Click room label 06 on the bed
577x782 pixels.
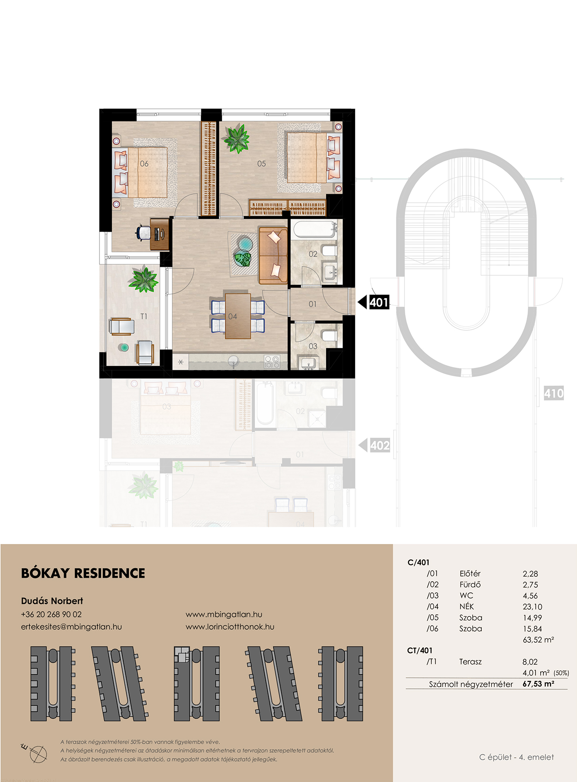click(x=144, y=163)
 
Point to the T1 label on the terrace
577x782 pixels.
click(x=144, y=317)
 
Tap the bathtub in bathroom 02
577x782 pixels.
click(x=314, y=230)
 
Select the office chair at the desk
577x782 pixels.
click(x=144, y=233)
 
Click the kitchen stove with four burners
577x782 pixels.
click(x=272, y=362)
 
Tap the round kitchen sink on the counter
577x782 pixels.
click(x=233, y=360)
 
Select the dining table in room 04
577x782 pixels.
click(x=238, y=316)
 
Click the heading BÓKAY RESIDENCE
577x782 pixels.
click(x=83, y=573)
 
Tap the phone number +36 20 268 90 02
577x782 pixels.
click(x=52, y=614)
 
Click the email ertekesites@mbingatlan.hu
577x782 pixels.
click(x=72, y=626)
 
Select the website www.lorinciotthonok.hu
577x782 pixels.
click(x=230, y=626)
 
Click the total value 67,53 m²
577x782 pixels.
click(x=538, y=684)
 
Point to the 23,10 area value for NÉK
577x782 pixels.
click(x=532, y=606)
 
